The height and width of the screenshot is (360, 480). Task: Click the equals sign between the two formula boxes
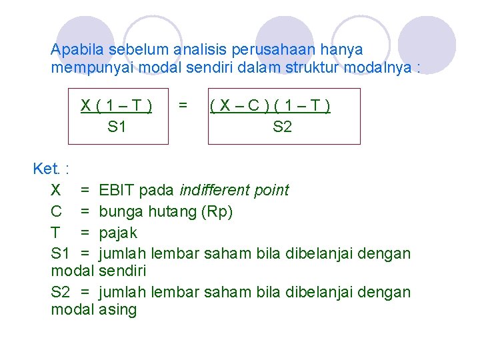(x=183, y=105)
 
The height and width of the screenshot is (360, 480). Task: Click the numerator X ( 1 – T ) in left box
(x=117, y=105)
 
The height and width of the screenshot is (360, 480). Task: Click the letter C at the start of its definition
(x=57, y=211)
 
